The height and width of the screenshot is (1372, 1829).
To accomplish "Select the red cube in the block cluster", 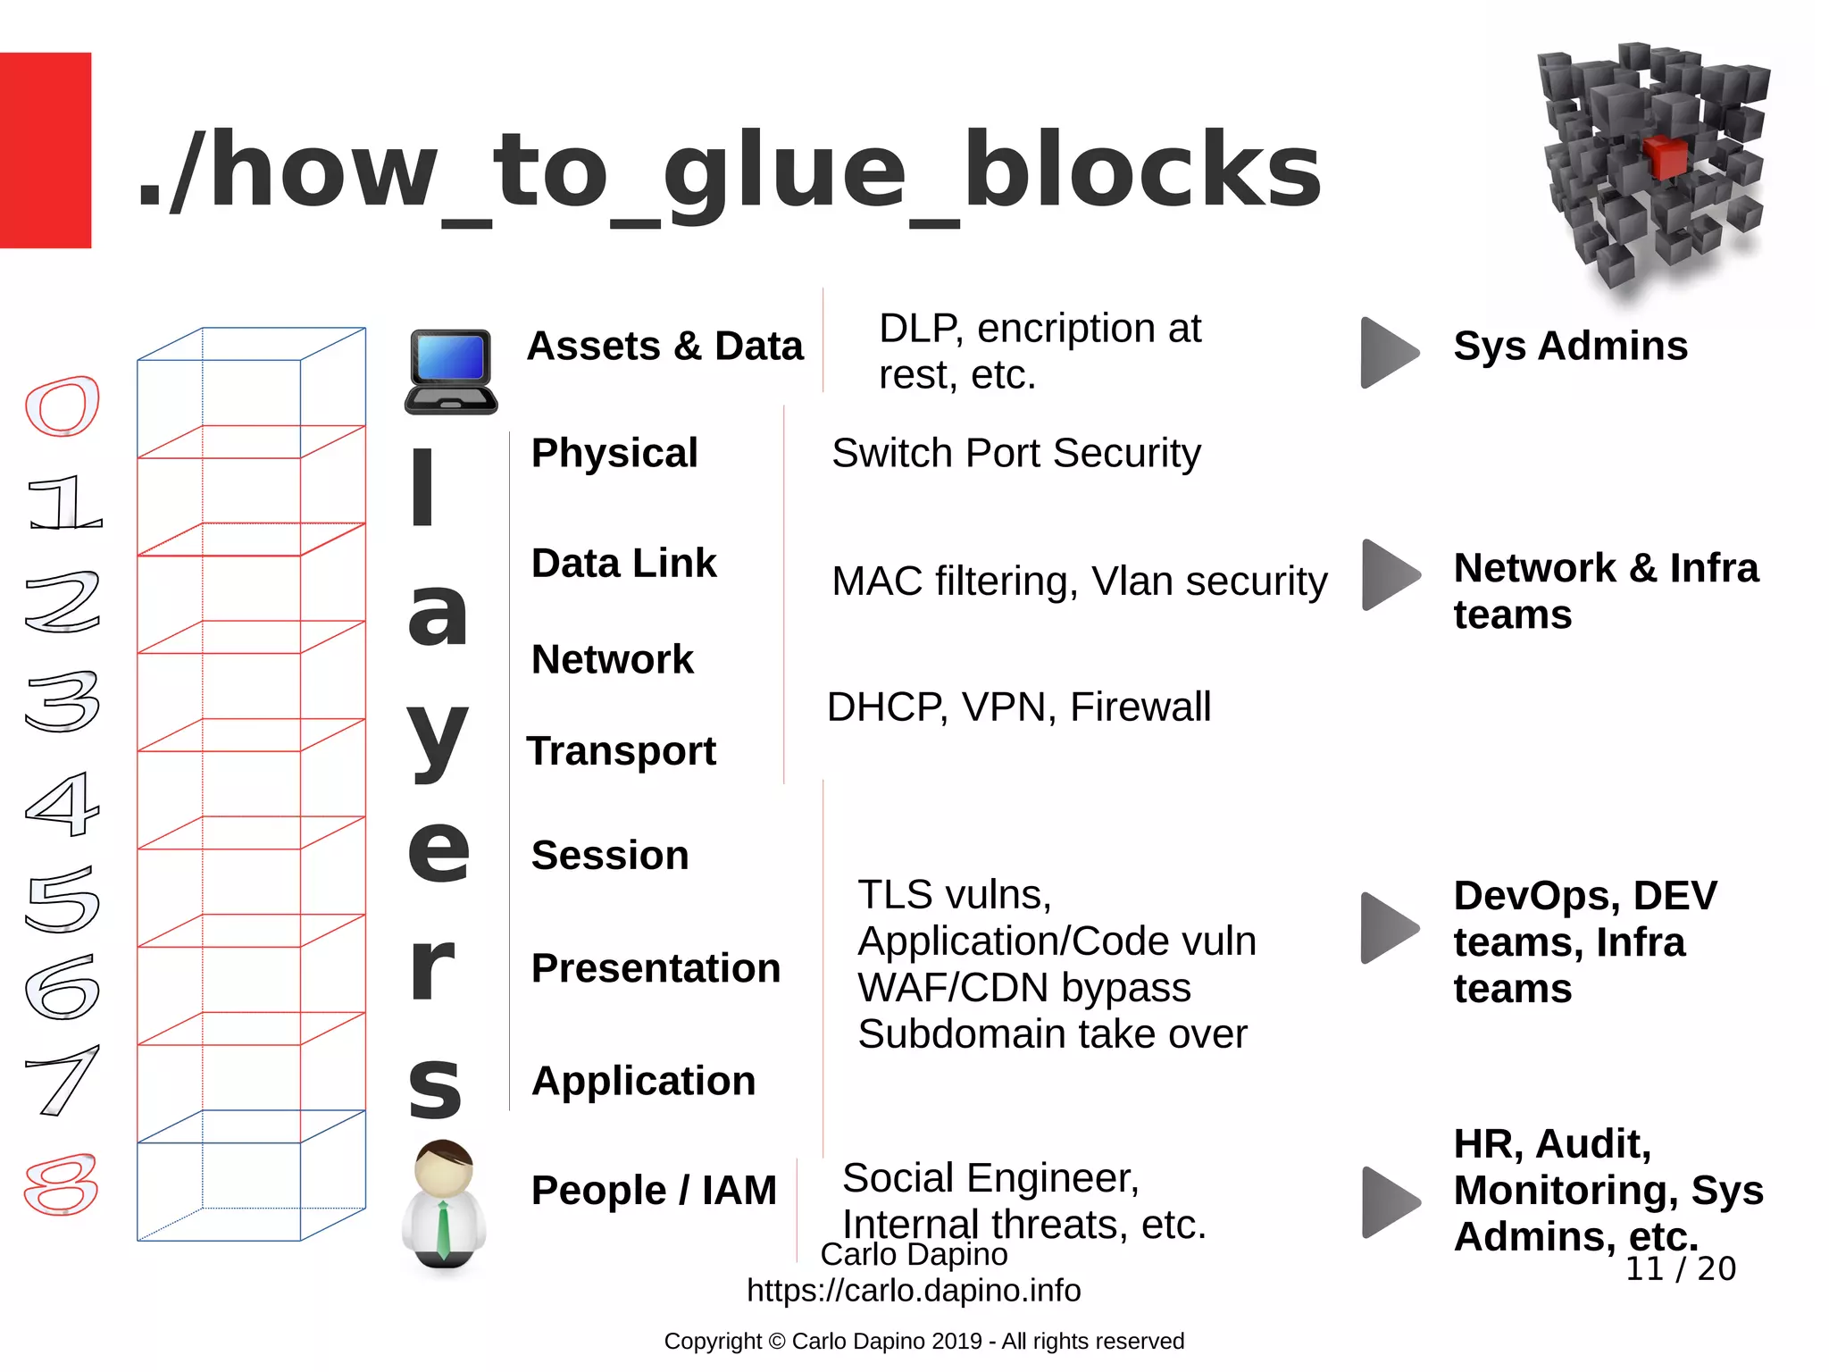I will point(1665,157).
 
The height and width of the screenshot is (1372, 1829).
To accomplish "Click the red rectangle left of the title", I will point(45,150).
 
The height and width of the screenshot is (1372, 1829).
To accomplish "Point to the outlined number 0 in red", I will point(62,406).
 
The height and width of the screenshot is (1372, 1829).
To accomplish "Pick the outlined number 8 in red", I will point(61,1184).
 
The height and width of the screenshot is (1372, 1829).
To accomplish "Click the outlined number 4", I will point(62,804).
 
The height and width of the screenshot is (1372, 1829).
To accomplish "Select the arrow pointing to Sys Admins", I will point(1389,353).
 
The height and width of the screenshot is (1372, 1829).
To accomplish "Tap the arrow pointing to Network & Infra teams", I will point(1390,575).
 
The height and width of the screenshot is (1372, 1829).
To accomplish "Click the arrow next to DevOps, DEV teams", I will point(1389,928).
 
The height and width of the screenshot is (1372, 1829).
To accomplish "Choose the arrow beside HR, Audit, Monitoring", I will point(1390,1201).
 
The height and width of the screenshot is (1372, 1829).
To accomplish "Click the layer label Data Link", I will point(623,564).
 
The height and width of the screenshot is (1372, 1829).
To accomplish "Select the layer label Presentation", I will point(656,968).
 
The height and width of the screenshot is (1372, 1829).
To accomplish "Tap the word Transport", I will point(622,751).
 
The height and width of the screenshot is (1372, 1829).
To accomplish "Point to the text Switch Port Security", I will point(1016,453).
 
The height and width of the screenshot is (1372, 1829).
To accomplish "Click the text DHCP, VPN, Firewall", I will point(1019,707).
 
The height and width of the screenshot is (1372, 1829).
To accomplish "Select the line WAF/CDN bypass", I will point(1024,988).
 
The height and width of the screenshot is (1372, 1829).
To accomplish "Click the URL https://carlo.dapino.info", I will point(914,1290).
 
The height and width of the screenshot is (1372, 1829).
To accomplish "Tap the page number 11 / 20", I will point(1680,1268).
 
